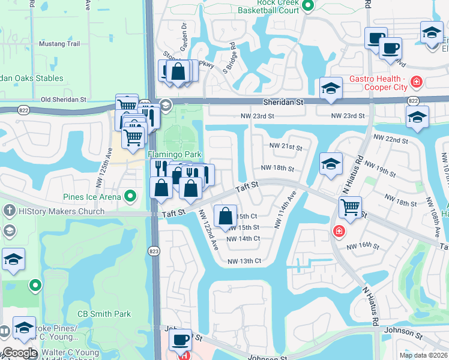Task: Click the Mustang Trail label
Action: pyautogui.click(x=59, y=44)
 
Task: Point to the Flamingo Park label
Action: pyautogui.click(x=175, y=154)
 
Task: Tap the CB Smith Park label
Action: pyautogui.click(x=104, y=314)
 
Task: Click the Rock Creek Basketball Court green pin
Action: pyautogui.click(x=308, y=6)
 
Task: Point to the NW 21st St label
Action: pyautogui.click(x=285, y=146)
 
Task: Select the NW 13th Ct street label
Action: pyautogui.click(x=244, y=261)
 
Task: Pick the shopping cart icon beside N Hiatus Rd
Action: pyautogui.click(x=350, y=208)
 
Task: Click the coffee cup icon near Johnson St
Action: pyautogui.click(x=180, y=340)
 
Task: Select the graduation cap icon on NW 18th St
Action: pyautogui.click(x=330, y=163)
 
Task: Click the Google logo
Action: pyautogui.click(x=19, y=353)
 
